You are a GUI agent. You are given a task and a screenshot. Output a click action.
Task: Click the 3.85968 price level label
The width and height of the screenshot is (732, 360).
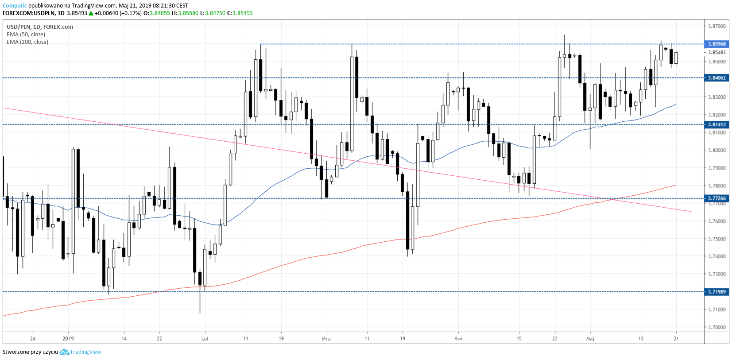coord(717,44)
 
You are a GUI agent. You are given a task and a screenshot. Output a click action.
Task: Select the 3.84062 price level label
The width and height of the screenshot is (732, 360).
coord(717,78)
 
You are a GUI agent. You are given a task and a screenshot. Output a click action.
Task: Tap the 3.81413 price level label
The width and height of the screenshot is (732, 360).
coord(717,125)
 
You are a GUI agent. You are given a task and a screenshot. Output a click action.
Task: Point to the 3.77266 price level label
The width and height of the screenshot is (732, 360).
coord(717,198)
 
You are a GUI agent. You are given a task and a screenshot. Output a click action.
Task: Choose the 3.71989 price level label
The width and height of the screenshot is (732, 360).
coord(717,292)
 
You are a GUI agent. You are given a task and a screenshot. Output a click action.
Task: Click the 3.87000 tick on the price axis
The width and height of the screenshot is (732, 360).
coord(717,26)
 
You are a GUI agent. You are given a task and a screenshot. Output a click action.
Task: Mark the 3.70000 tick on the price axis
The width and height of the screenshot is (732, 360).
coord(717,327)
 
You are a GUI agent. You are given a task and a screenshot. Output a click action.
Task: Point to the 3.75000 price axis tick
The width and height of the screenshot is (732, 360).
coord(717,239)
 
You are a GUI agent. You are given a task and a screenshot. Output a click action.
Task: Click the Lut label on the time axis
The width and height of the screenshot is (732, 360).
coord(205,339)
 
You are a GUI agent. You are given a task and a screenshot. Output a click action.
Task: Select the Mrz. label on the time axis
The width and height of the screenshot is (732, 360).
coord(326,339)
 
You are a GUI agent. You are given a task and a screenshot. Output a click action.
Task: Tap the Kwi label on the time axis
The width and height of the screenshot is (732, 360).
coord(458,339)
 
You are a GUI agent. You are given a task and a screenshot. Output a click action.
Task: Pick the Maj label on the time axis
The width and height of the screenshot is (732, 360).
coord(590,339)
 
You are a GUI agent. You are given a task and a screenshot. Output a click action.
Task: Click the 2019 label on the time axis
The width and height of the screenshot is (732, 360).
coord(68,339)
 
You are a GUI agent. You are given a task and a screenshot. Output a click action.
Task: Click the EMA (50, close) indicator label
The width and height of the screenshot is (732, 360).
coord(26,35)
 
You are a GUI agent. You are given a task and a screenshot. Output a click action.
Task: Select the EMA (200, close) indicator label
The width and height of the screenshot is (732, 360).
coord(27,42)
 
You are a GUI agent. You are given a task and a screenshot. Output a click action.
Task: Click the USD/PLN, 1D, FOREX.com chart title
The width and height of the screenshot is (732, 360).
coord(40,27)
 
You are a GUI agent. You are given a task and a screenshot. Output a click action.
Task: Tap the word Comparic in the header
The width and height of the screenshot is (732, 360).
coord(15,6)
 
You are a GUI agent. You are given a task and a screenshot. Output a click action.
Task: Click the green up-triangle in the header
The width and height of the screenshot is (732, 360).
coord(91,13)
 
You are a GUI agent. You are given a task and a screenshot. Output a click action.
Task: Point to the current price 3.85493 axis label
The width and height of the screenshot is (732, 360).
coord(717,52)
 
